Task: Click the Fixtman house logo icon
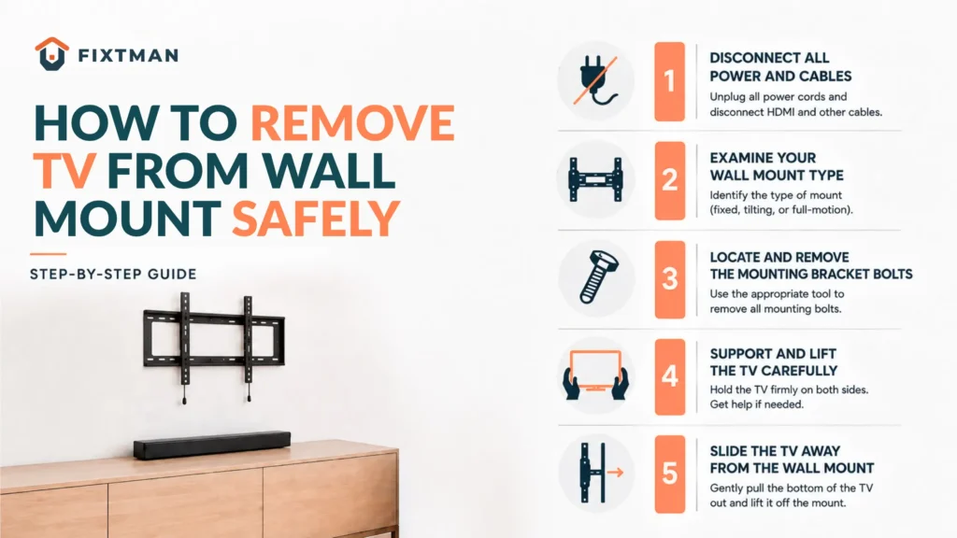(x=52, y=54)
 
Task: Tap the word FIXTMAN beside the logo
(x=128, y=56)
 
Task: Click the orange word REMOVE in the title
(x=352, y=123)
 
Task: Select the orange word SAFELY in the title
(x=316, y=219)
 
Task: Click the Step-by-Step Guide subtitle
(x=113, y=275)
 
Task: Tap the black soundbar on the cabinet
(x=212, y=445)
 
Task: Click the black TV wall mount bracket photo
(x=214, y=346)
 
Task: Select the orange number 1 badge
(x=669, y=81)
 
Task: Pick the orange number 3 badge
(x=669, y=278)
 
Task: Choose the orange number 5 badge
(x=669, y=474)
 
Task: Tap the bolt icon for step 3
(x=598, y=277)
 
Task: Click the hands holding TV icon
(x=595, y=375)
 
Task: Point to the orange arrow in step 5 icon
(x=615, y=472)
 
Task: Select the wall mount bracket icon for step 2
(x=595, y=179)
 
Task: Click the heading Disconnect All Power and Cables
(x=780, y=67)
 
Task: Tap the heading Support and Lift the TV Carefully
(x=773, y=362)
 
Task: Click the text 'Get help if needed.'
(x=756, y=404)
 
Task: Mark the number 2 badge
(x=669, y=180)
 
